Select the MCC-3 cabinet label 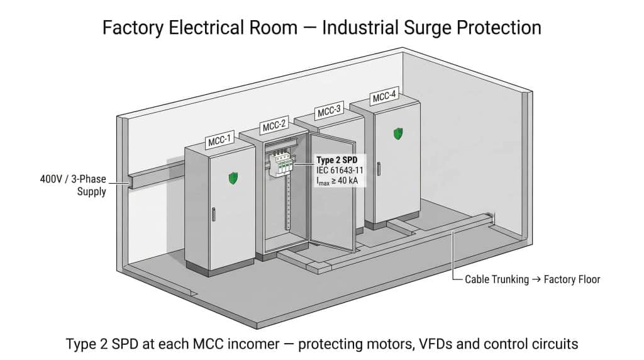tap(329, 111)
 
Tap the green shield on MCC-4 tap(398, 133)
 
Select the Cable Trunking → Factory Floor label tap(532, 279)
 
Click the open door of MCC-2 tap(331, 195)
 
